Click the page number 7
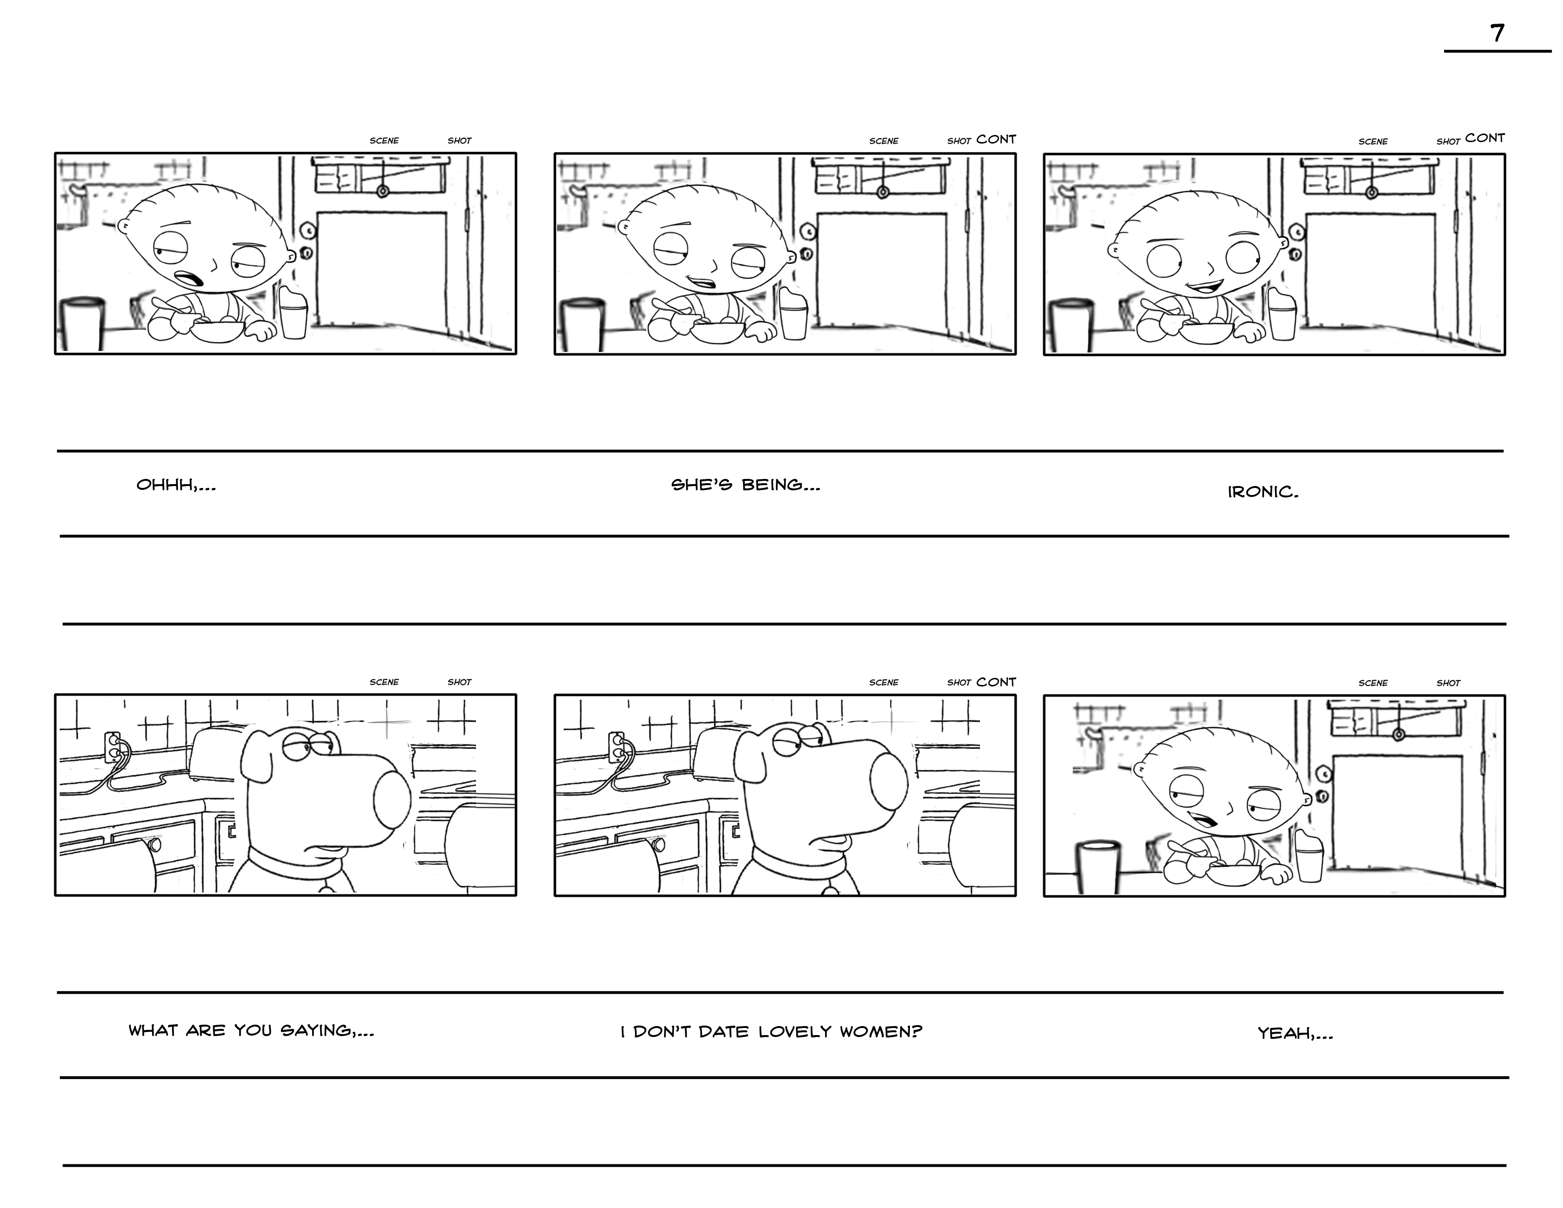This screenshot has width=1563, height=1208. pos(1497,34)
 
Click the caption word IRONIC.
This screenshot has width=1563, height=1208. pos(1262,492)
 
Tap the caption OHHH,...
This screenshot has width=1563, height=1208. pos(175,485)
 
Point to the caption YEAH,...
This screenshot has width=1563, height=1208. pos(1294,1033)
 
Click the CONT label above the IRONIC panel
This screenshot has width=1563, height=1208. pos(1484,138)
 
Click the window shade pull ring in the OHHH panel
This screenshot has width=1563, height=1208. pos(383,191)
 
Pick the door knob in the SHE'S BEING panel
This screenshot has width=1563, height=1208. pos(807,253)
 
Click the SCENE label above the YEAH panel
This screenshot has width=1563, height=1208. pos(1373,683)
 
